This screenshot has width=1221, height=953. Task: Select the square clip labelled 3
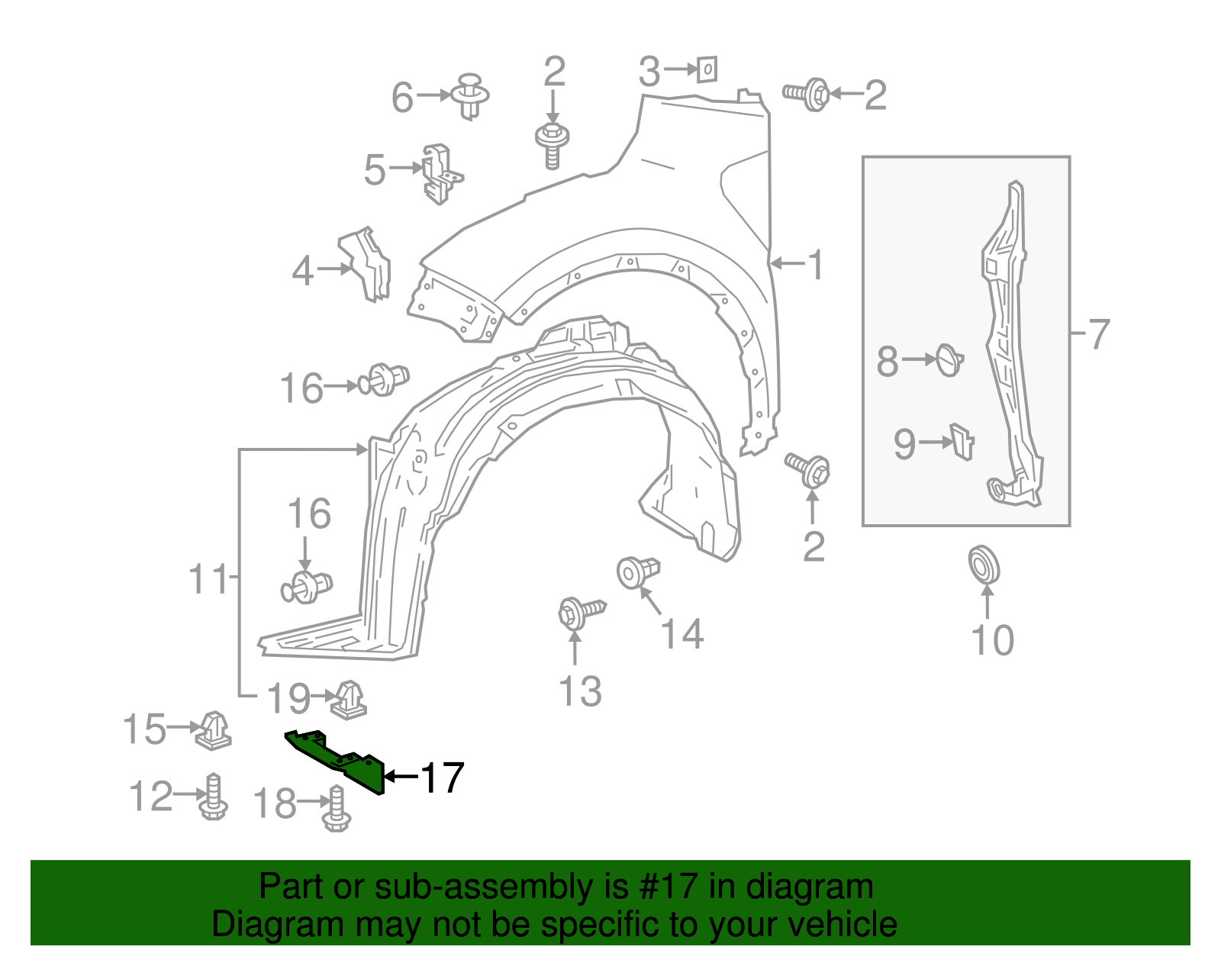click(707, 70)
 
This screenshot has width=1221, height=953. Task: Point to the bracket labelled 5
click(440, 174)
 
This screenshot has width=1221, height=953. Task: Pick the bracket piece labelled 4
click(367, 263)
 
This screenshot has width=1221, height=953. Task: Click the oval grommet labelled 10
click(984, 565)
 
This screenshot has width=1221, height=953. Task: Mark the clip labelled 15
click(214, 731)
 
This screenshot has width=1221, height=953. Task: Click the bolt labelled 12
click(214, 798)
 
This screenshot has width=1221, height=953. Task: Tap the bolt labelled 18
click(336, 810)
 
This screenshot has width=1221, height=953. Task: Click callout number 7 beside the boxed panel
click(1097, 334)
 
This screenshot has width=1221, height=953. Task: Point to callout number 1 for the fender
click(816, 265)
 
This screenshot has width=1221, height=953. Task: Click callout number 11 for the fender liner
click(208, 580)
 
